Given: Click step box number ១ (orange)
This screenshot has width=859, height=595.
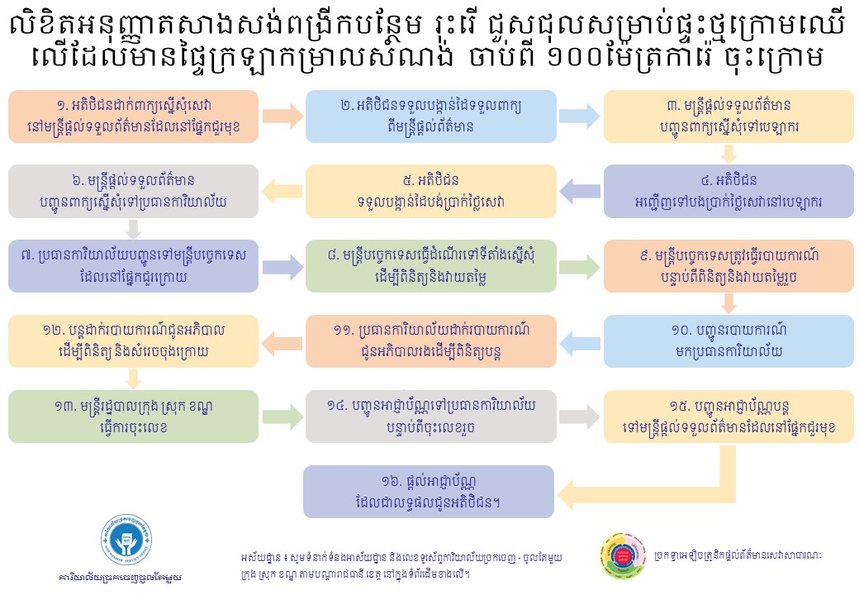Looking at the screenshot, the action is [133, 117].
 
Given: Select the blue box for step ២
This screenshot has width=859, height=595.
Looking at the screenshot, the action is [430, 117].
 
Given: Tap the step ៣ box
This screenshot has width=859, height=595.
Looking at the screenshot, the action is [728, 117].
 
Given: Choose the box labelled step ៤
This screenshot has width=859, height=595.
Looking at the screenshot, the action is [728, 191].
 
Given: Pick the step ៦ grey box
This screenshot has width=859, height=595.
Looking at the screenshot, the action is [133, 191].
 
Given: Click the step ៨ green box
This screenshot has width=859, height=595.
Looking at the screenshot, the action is [430, 266].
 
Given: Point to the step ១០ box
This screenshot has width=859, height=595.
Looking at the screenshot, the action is [728, 340].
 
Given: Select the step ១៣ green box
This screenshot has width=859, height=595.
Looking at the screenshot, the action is [133, 416].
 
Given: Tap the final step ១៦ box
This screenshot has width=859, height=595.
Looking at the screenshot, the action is [429, 492].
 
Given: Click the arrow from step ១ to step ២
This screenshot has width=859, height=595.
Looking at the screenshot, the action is [282, 117].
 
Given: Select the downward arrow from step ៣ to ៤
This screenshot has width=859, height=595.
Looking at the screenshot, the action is [728, 154].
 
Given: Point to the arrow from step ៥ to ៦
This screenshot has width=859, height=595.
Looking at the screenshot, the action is [282, 191].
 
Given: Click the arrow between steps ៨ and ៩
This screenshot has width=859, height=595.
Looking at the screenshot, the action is [580, 266].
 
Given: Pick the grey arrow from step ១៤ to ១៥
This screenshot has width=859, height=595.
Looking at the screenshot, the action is [580, 416].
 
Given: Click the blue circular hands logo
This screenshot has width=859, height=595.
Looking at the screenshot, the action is [126, 540].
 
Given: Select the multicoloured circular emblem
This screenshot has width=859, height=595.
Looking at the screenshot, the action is [623, 555].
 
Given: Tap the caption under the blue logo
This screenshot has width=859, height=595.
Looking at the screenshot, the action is [121, 578].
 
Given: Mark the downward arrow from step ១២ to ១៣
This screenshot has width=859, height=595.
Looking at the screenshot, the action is [133, 378].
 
